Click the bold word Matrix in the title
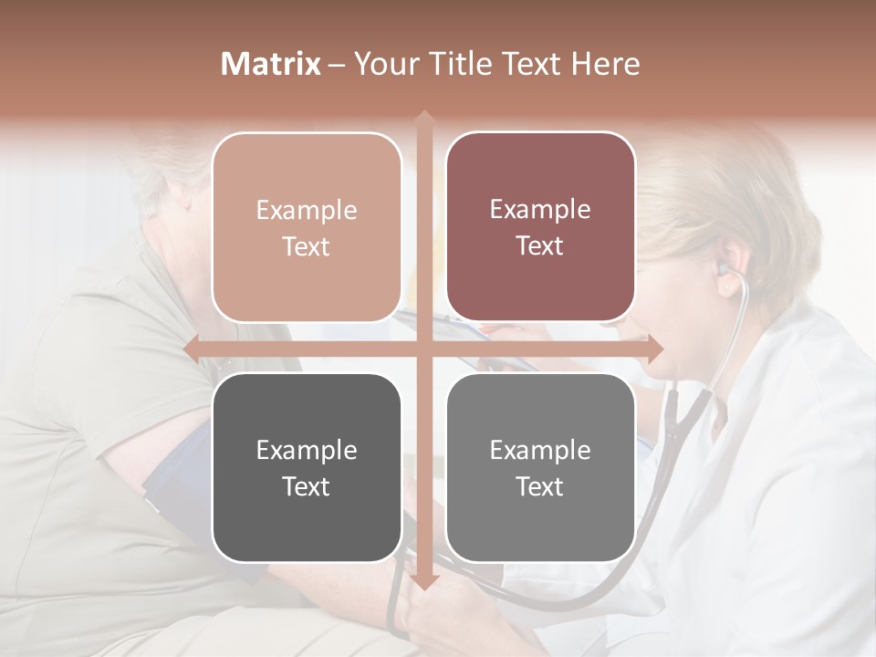pyautogui.click(x=271, y=64)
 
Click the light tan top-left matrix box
pyautogui.click(x=307, y=227)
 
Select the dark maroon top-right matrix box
pyautogui.click(x=540, y=227)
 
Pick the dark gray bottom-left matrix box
pyautogui.click(x=307, y=467)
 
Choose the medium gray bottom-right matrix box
pyautogui.click(x=540, y=467)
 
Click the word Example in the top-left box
pyautogui.click(x=307, y=210)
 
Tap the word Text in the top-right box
pyautogui.click(x=540, y=245)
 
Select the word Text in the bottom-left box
pyautogui.click(x=307, y=485)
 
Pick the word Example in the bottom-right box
pyautogui.click(x=540, y=450)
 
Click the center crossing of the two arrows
pyautogui.click(x=423, y=349)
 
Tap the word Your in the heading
pyautogui.click(x=383, y=64)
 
